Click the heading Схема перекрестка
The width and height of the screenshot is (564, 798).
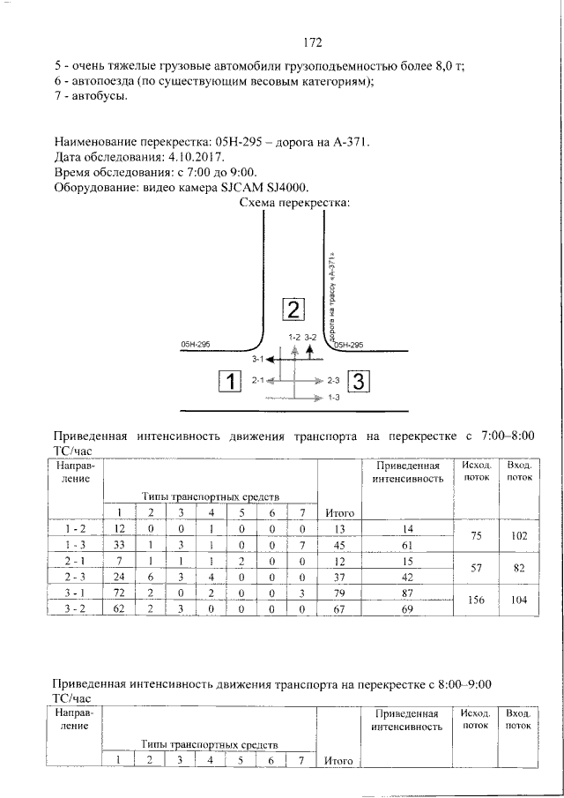click(295, 204)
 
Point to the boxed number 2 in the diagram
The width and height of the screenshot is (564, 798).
click(293, 309)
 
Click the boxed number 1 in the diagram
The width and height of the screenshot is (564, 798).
click(229, 381)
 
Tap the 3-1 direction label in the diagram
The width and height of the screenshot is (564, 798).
click(257, 360)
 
